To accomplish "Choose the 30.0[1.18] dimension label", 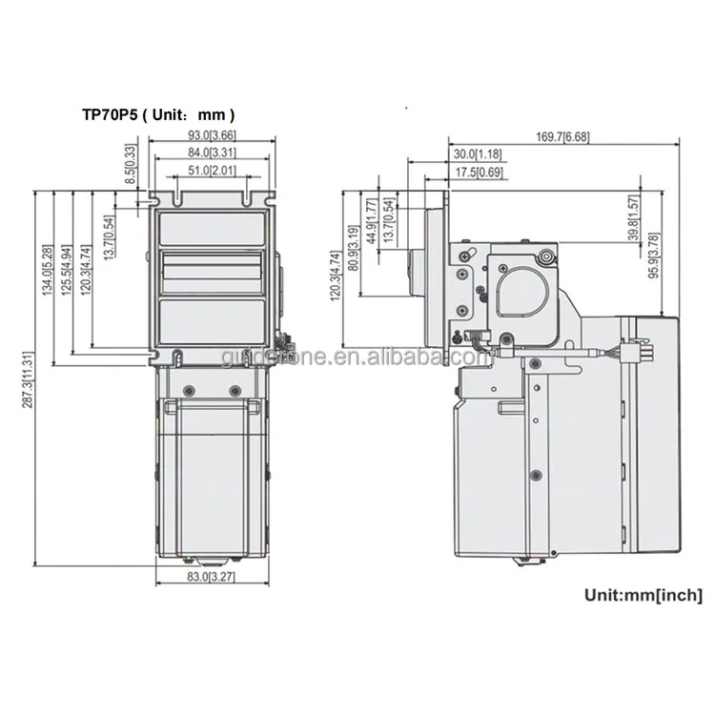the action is pyautogui.click(x=478, y=154).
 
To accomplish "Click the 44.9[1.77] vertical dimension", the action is pyautogui.click(x=371, y=219).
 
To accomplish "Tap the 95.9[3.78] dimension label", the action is pyautogui.click(x=653, y=255).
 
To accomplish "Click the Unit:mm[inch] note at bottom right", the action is pyautogui.click(x=643, y=596).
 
